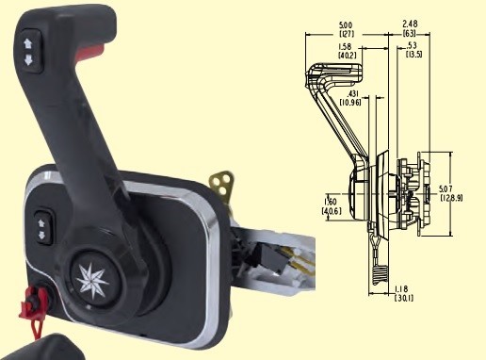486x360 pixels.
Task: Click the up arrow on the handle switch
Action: (28, 43)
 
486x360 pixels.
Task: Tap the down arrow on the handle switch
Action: (28, 59)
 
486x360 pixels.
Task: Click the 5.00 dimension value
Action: (346, 25)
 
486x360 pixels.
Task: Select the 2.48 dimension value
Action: (410, 24)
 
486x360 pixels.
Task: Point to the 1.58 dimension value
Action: (345, 46)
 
